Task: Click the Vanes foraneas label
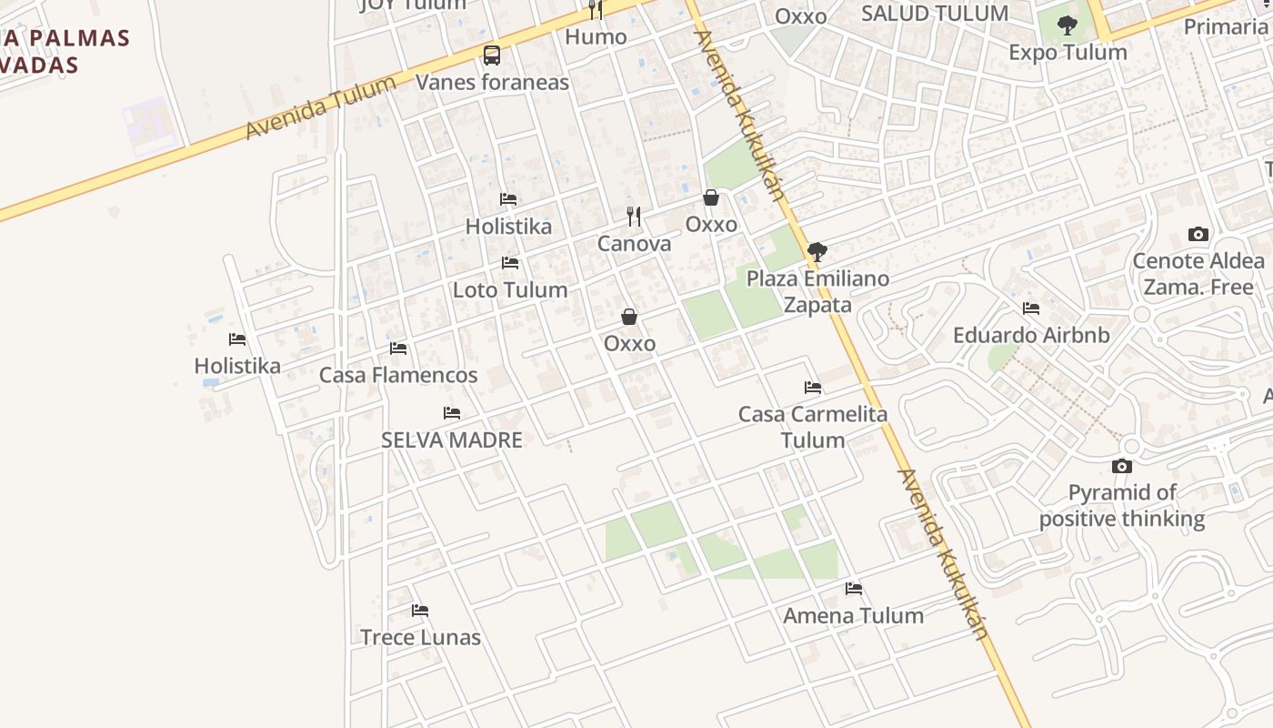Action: pyautogui.click(x=492, y=82)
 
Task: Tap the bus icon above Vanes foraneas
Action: pyautogui.click(x=492, y=56)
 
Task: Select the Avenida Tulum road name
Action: pyautogui.click(x=320, y=107)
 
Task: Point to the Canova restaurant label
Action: pyautogui.click(x=634, y=243)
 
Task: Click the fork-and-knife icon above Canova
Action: pyautogui.click(x=634, y=217)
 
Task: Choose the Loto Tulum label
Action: pyautogui.click(x=510, y=289)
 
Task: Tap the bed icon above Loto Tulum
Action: pyautogui.click(x=510, y=263)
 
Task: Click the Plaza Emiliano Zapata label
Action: pyautogui.click(x=817, y=291)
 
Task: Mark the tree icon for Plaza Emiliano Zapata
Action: pyautogui.click(x=817, y=252)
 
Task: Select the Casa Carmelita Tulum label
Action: pyautogui.click(x=813, y=427)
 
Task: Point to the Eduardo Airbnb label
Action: pyautogui.click(x=1031, y=335)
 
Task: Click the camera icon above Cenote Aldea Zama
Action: pyautogui.click(x=1198, y=235)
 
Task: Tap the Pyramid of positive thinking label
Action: pyautogui.click(x=1122, y=506)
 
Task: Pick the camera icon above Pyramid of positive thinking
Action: pyautogui.click(x=1122, y=467)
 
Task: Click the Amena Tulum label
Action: pyautogui.click(x=853, y=615)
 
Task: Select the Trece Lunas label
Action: pyautogui.click(x=420, y=637)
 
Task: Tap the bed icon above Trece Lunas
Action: pyautogui.click(x=420, y=611)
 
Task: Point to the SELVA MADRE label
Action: pyautogui.click(x=452, y=440)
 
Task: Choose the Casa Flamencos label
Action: pyautogui.click(x=398, y=375)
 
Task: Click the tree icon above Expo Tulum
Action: pyautogui.click(x=1068, y=25)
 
